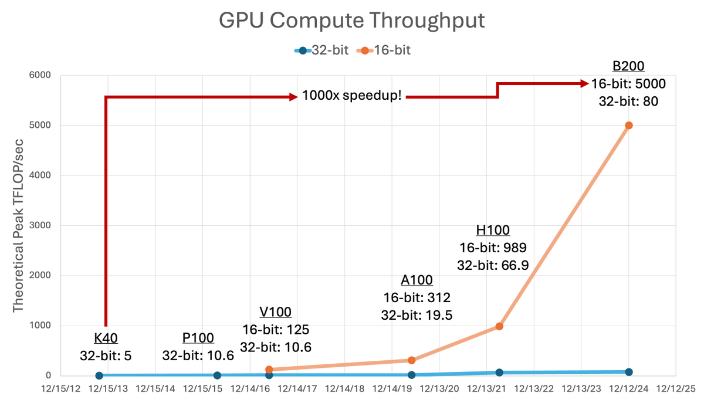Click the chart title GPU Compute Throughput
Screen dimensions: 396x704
[x=352, y=21]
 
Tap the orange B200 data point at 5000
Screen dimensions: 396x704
[x=629, y=126]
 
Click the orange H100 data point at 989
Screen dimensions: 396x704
[x=499, y=326]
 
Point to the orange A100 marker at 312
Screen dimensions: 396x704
[x=411, y=360]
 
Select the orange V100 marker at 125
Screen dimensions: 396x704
[x=269, y=370]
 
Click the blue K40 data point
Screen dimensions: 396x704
[x=99, y=375]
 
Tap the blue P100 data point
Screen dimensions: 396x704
[x=217, y=375]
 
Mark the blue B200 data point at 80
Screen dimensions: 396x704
[x=629, y=372]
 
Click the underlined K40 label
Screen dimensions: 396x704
[x=106, y=338]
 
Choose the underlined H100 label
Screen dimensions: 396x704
[x=493, y=230]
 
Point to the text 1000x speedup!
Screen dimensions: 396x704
[x=352, y=96]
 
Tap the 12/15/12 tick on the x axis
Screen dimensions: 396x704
[x=57, y=388]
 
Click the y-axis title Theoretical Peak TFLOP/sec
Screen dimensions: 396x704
[x=18, y=226]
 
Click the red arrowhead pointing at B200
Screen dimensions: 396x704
[x=584, y=84]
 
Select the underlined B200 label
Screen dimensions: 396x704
[x=628, y=66]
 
